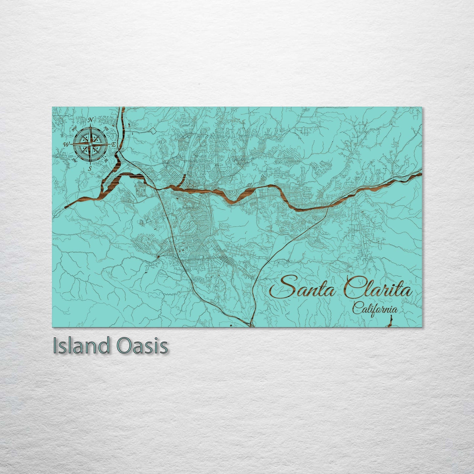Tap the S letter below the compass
(90, 168)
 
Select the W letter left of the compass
(66, 144)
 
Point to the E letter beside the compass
(113, 144)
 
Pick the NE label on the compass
(106, 128)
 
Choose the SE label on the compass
(106, 160)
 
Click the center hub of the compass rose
(90, 144)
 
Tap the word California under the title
(376, 309)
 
